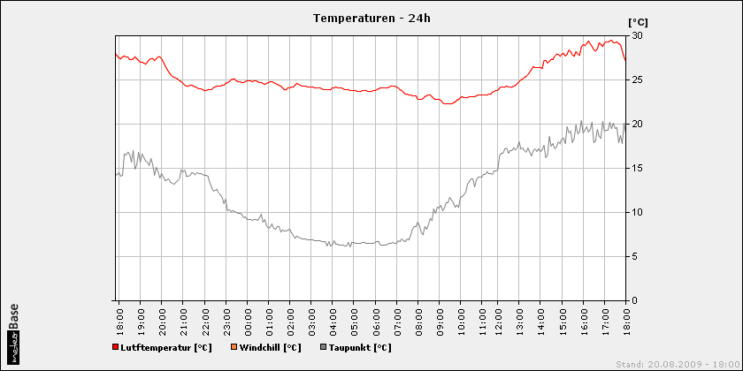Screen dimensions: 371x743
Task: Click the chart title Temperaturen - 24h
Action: [372, 17]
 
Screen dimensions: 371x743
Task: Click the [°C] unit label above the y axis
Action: [639, 21]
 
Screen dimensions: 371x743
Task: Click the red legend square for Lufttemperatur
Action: [116, 347]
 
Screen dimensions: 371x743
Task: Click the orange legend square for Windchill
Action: [234, 347]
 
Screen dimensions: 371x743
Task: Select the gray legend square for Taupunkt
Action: [323, 347]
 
